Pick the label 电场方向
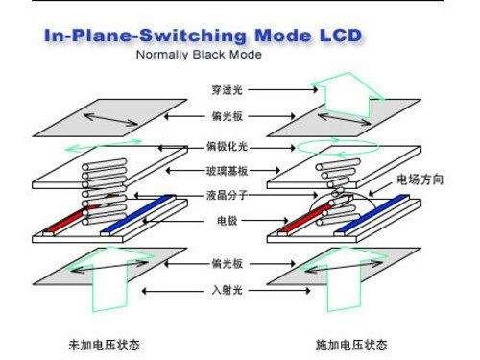pyautogui.click(x=419, y=180)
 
